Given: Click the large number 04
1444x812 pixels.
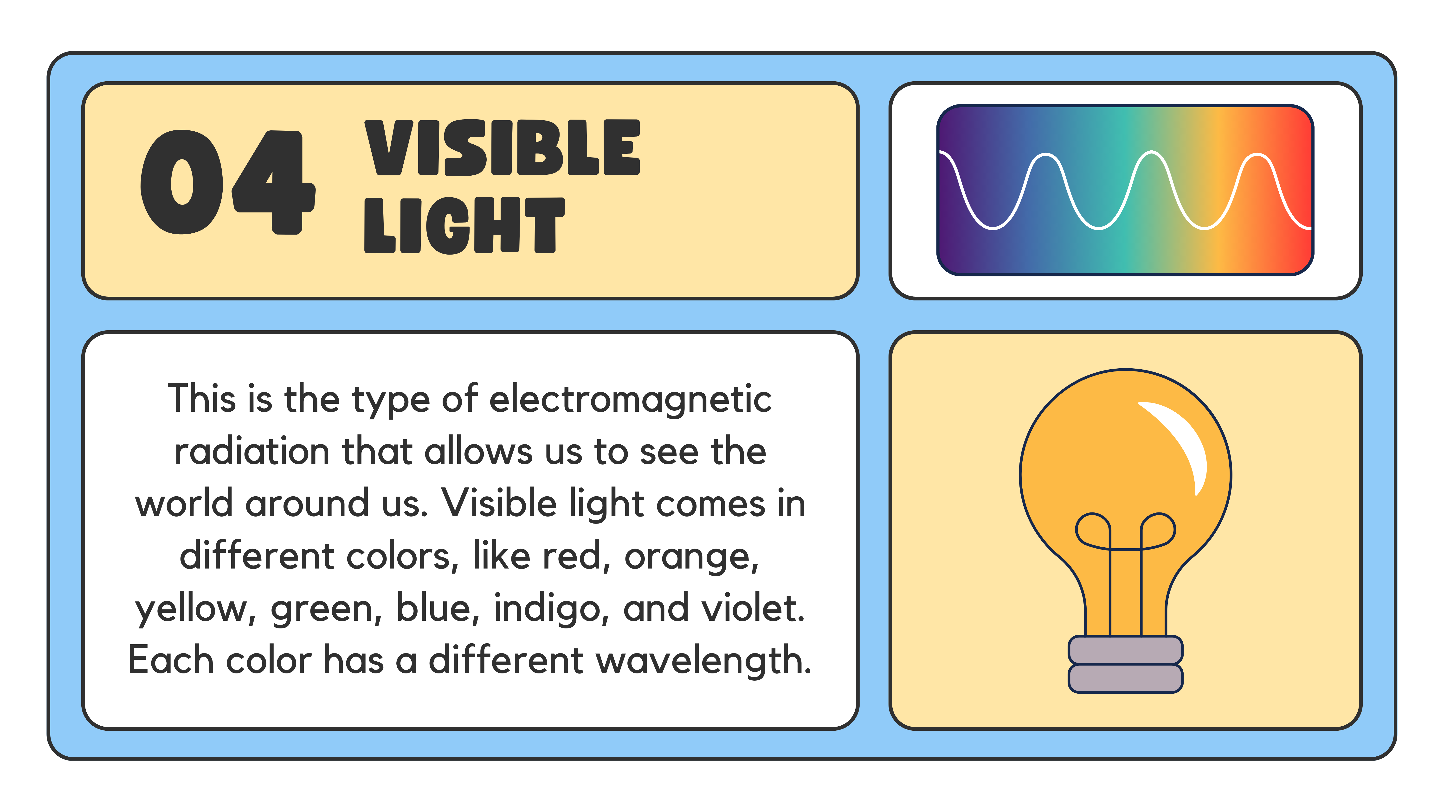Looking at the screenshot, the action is (228, 182).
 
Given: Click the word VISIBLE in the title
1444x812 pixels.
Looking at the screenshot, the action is (502, 147).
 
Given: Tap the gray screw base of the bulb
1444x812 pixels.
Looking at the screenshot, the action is (1126, 664).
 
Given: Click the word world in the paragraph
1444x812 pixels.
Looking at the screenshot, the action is (184, 504).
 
